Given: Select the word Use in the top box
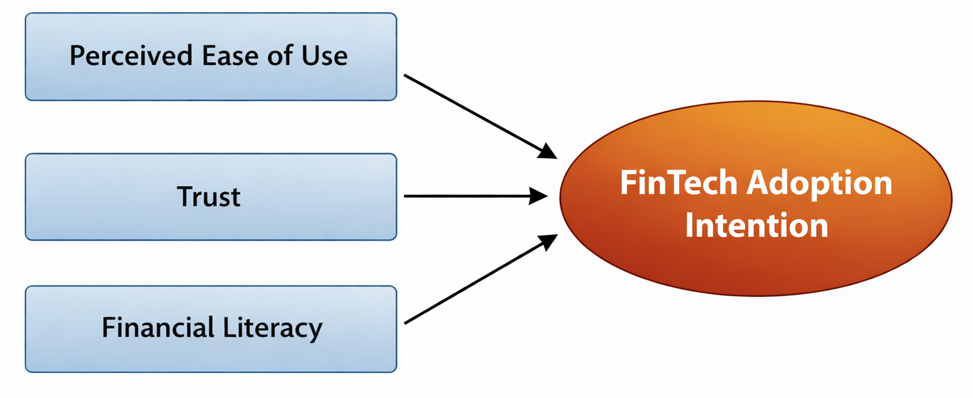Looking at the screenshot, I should (323, 56).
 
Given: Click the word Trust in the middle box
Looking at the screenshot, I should (209, 197).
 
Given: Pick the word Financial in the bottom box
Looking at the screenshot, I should (157, 328).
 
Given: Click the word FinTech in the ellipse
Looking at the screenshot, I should (677, 183).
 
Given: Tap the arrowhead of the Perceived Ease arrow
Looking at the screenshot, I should (548, 150).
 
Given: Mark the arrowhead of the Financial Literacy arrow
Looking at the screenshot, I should (548, 242).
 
